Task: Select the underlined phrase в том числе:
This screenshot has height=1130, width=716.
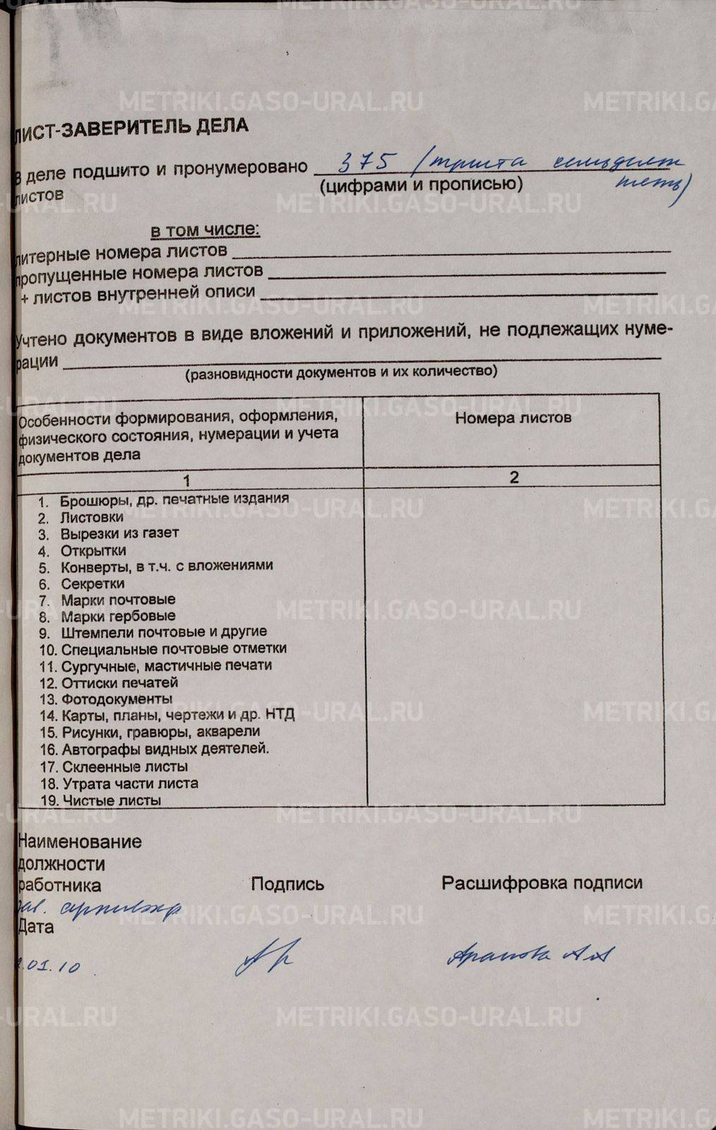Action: tap(205, 230)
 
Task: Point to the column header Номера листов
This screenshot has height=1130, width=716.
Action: tap(513, 417)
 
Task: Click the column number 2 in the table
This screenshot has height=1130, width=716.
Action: tap(514, 477)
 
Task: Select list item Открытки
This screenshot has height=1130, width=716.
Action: tap(93, 550)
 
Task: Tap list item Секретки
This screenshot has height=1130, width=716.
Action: tap(93, 584)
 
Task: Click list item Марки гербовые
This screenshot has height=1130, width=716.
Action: tap(118, 616)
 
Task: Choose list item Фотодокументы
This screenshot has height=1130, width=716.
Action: tap(117, 699)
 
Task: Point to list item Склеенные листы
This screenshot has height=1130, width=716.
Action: tap(124, 766)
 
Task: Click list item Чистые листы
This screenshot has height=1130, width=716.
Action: tap(112, 800)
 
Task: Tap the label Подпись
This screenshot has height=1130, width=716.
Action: tap(287, 884)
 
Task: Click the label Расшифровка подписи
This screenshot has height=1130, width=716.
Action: tap(542, 883)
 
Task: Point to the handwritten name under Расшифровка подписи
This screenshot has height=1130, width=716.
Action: tap(528, 955)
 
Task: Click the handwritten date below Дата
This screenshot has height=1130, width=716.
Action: tap(49, 965)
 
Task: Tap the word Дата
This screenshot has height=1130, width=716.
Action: tap(36, 927)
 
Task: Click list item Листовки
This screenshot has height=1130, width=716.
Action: tap(92, 516)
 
